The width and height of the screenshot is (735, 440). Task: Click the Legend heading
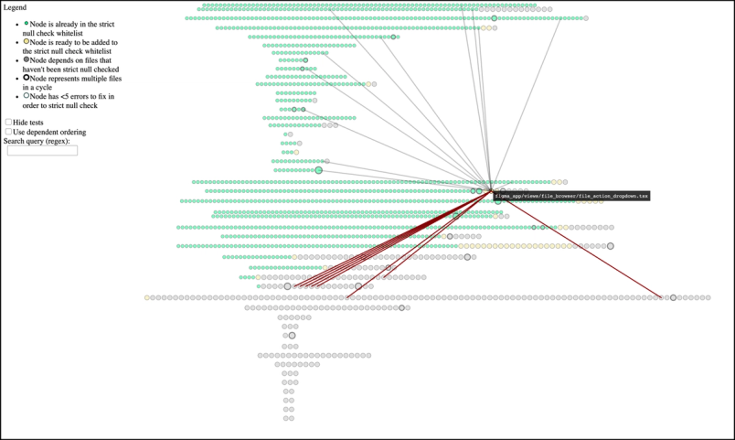click(x=15, y=7)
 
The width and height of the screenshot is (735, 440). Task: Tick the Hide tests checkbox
click(x=9, y=122)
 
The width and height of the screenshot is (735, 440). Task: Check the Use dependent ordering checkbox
click(x=9, y=132)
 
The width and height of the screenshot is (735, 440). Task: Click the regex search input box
click(x=42, y=150)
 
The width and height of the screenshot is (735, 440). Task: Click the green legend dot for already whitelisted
click(x=27, y=23)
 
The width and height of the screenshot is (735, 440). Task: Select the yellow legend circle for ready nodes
click(x=27, y=41)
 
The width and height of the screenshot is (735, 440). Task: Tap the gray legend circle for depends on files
click(x=27, y=59)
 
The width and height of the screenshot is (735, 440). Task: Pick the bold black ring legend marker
click(x=27, y=78)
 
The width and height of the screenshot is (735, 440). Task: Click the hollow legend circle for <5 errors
click(x=27, y=96)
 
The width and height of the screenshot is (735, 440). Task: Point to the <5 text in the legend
click(x=68, y=96)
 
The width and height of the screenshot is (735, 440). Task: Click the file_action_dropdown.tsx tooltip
click(x=571, y=196)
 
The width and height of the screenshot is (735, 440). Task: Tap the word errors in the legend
click(x=87, y=96)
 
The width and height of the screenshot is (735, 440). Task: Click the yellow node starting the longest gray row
click(x=148, y=297)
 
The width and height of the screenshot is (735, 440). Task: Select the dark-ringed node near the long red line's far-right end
click(x=674, y=297)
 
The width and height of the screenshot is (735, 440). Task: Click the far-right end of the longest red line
click(x=661, y=297)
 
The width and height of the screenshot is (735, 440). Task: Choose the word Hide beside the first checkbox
click(x=21, y=123)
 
